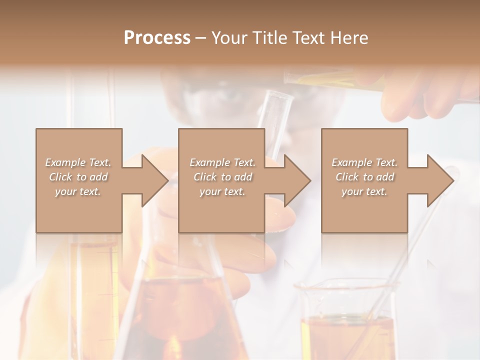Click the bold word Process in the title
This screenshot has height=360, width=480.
[157, 38]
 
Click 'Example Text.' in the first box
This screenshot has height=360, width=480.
[78, 162]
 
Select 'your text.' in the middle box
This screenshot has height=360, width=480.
[222, 191]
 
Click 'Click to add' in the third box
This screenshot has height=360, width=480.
[364, 177]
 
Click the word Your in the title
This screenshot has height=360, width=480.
[227, 38]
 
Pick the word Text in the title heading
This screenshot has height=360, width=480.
[307, 38]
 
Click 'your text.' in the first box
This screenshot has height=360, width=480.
[78, 191]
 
